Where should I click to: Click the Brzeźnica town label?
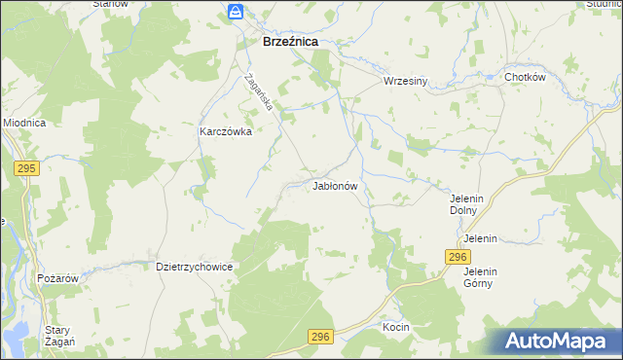coord(291,43)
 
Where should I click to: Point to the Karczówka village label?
coord(226,131)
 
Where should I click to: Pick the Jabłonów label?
coord(337,185)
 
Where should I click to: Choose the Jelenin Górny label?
coord(480,277)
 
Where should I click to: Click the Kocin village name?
coord(395,327)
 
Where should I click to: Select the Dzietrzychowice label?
coord(196,265)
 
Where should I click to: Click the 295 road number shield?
coord(26,168)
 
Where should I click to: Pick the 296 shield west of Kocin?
coord(321,337)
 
